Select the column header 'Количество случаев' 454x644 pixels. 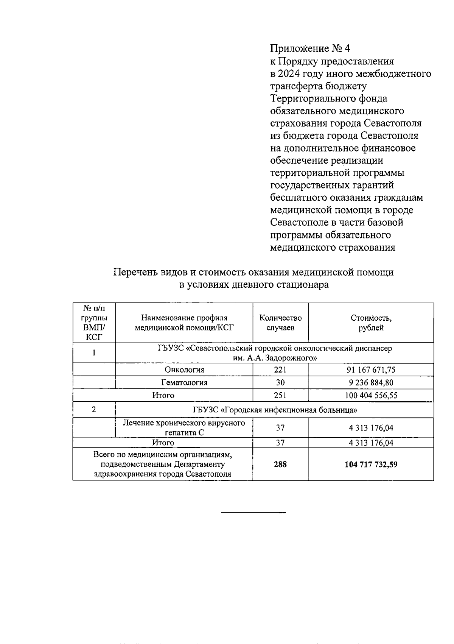pyautogui.click(x=280, y=323)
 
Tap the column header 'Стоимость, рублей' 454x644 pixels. pyautogui.click(x=371, y=323)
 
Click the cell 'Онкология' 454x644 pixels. pyautogui.click(x=184, y=370)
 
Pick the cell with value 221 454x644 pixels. pyautogui.click(x=280, y=370)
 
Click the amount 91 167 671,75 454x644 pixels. pyautogui.click(x=371, y=370)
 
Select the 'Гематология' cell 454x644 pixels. pyautogui.click(x=184, y=382)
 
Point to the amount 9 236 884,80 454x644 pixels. pyautogui.click(x=371, y=382)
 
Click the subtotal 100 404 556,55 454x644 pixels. pyautogui.click(x=371, y=395)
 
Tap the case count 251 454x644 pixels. pyautogui.click(x=280, y=395)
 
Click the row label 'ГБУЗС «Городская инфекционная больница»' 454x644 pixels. pyautogui.click(x=275, y=410)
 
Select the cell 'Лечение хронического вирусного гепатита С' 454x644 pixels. pyautogui.click(x=184, y=427)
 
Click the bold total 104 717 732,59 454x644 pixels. pyautogui.click(x=371, y=464)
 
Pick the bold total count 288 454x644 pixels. pyautogui.click(x=280, y=464)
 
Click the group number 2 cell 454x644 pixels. pyautogui.click(x=94, y=410)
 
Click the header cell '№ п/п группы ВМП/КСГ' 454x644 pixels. pyautogui.click(x=94, y=323)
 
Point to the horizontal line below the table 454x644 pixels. pyautogui.click(x=253, y=513)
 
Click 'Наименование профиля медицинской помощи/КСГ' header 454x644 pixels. pyautogui.click(x=184, y=323)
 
